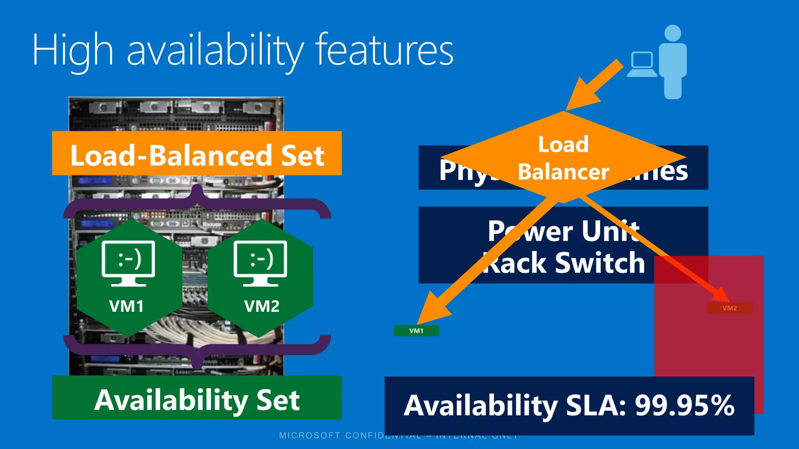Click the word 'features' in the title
coord(384,51)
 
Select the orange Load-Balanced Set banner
coord(197,154)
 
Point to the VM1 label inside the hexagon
coord(126,306)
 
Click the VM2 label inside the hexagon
coord(262,306)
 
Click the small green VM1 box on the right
coord(416,331)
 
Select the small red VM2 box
coord(730,308)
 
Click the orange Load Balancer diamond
coord(563,158)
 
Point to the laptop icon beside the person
coord(641,65)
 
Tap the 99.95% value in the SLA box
coord(684,406)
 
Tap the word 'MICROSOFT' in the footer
coord(309,435)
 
